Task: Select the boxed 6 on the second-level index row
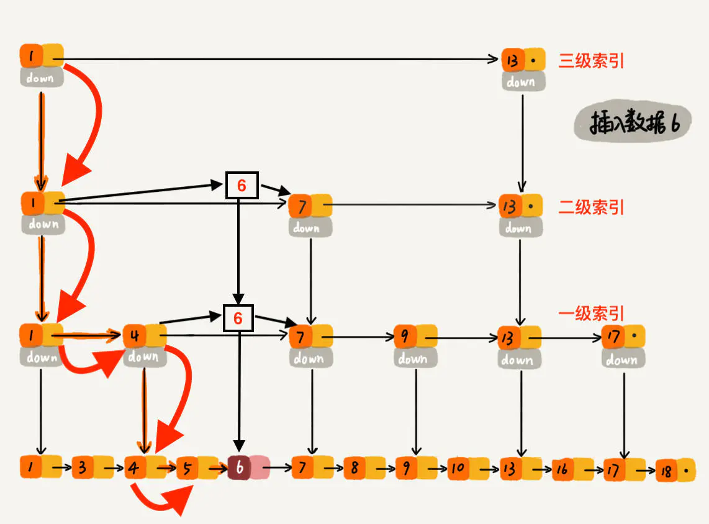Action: click(242, 185)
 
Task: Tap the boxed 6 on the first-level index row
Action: click(238, 318)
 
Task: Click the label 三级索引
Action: click(591, 61)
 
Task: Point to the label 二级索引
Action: click(591, 207)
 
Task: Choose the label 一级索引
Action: click(591, 314)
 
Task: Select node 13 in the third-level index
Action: click(522, 61)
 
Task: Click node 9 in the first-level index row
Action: click(414, 337)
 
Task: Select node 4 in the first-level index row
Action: click(143, 337)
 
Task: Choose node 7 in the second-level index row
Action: click(310, 205)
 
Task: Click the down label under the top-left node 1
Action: click(41, 78)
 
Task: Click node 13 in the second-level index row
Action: click(520, 206)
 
